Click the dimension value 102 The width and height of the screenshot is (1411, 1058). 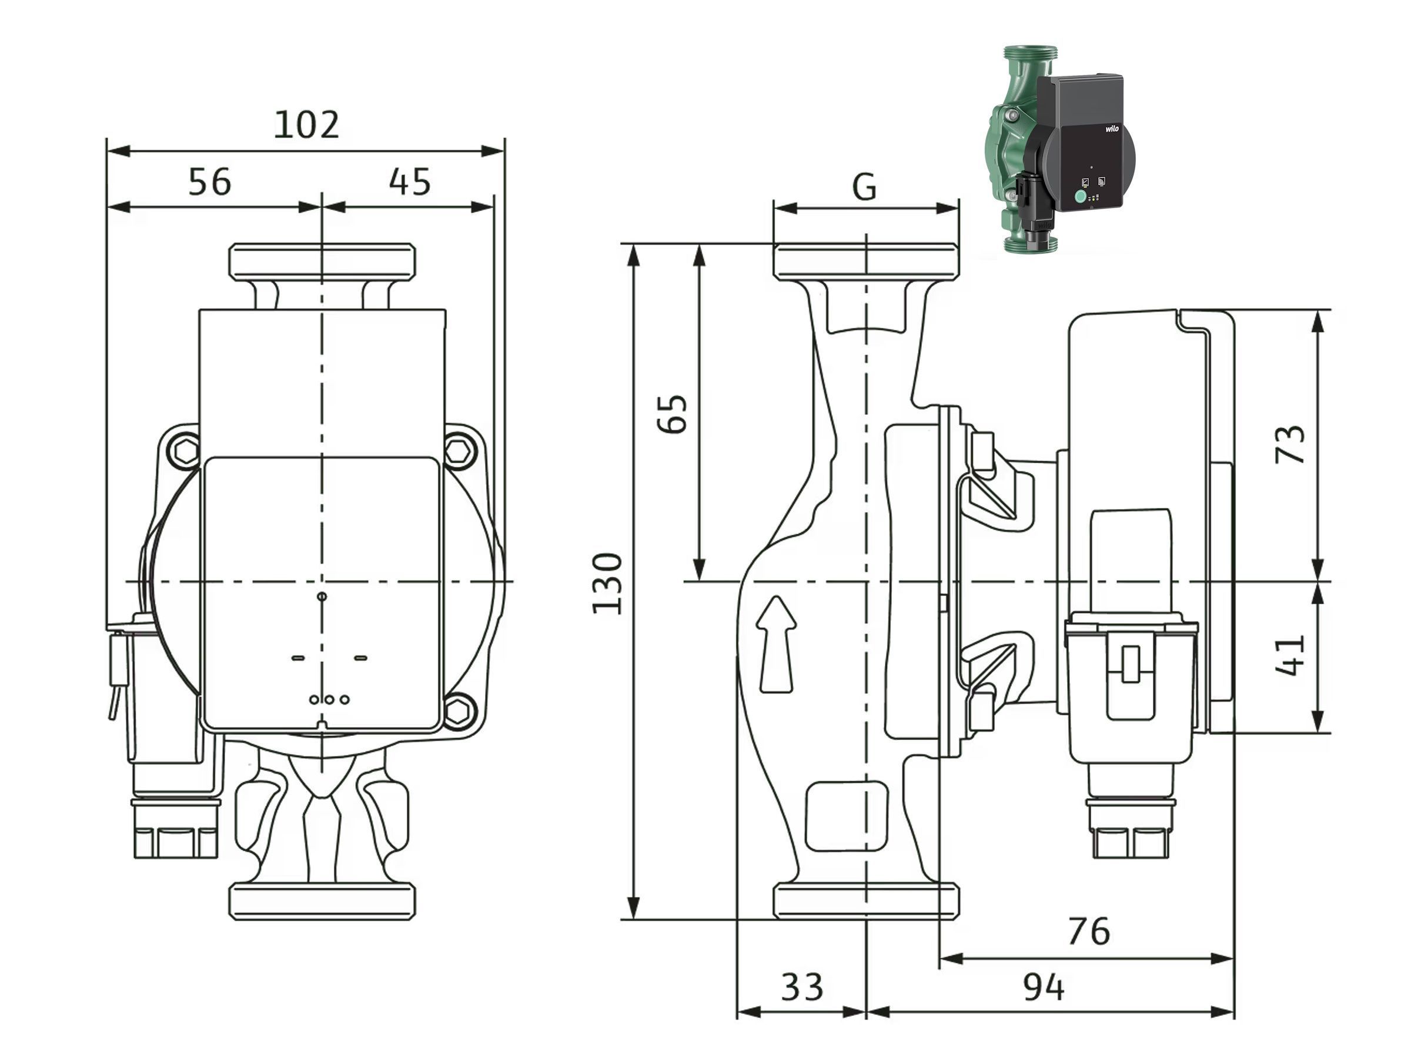tap(306, 125)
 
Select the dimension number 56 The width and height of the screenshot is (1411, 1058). tap(210, 181)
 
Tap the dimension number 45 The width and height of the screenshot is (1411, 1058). tap(410, 181)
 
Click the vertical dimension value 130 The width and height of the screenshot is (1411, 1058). tap(607, 583)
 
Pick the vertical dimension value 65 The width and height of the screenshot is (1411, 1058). tap(673, 414)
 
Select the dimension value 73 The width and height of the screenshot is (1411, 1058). tap(1290, 444)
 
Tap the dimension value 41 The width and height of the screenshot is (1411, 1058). tap(1290, 654)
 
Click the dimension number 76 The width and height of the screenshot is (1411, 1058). tap(1089, 931)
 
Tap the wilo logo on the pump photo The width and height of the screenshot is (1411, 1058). tap(1111, 129)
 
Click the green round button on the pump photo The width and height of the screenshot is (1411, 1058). tap(1081, 197)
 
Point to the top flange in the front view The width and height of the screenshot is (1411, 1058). tap(322, 261)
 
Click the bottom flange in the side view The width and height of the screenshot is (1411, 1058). tap(865, 901)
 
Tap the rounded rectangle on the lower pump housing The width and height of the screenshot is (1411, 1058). tap(847, 816)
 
